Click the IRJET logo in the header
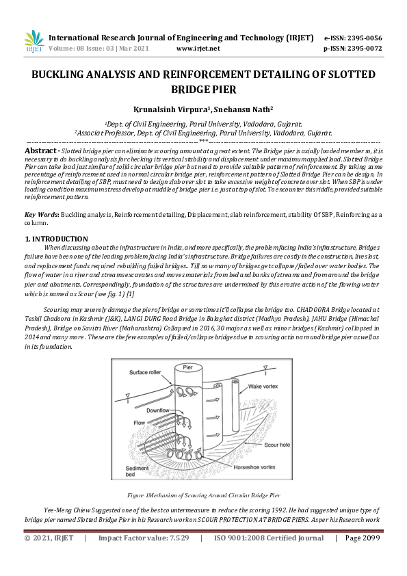pyautogui.click(x=34, y=42)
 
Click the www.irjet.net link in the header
pyautogui.click(x=198, y=49)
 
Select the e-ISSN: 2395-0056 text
pyautogui.click(x=352, y=38)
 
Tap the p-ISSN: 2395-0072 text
pyautogui.click(x=352, y=49)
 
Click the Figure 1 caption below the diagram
pyautogui.click(x=202, y=494)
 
